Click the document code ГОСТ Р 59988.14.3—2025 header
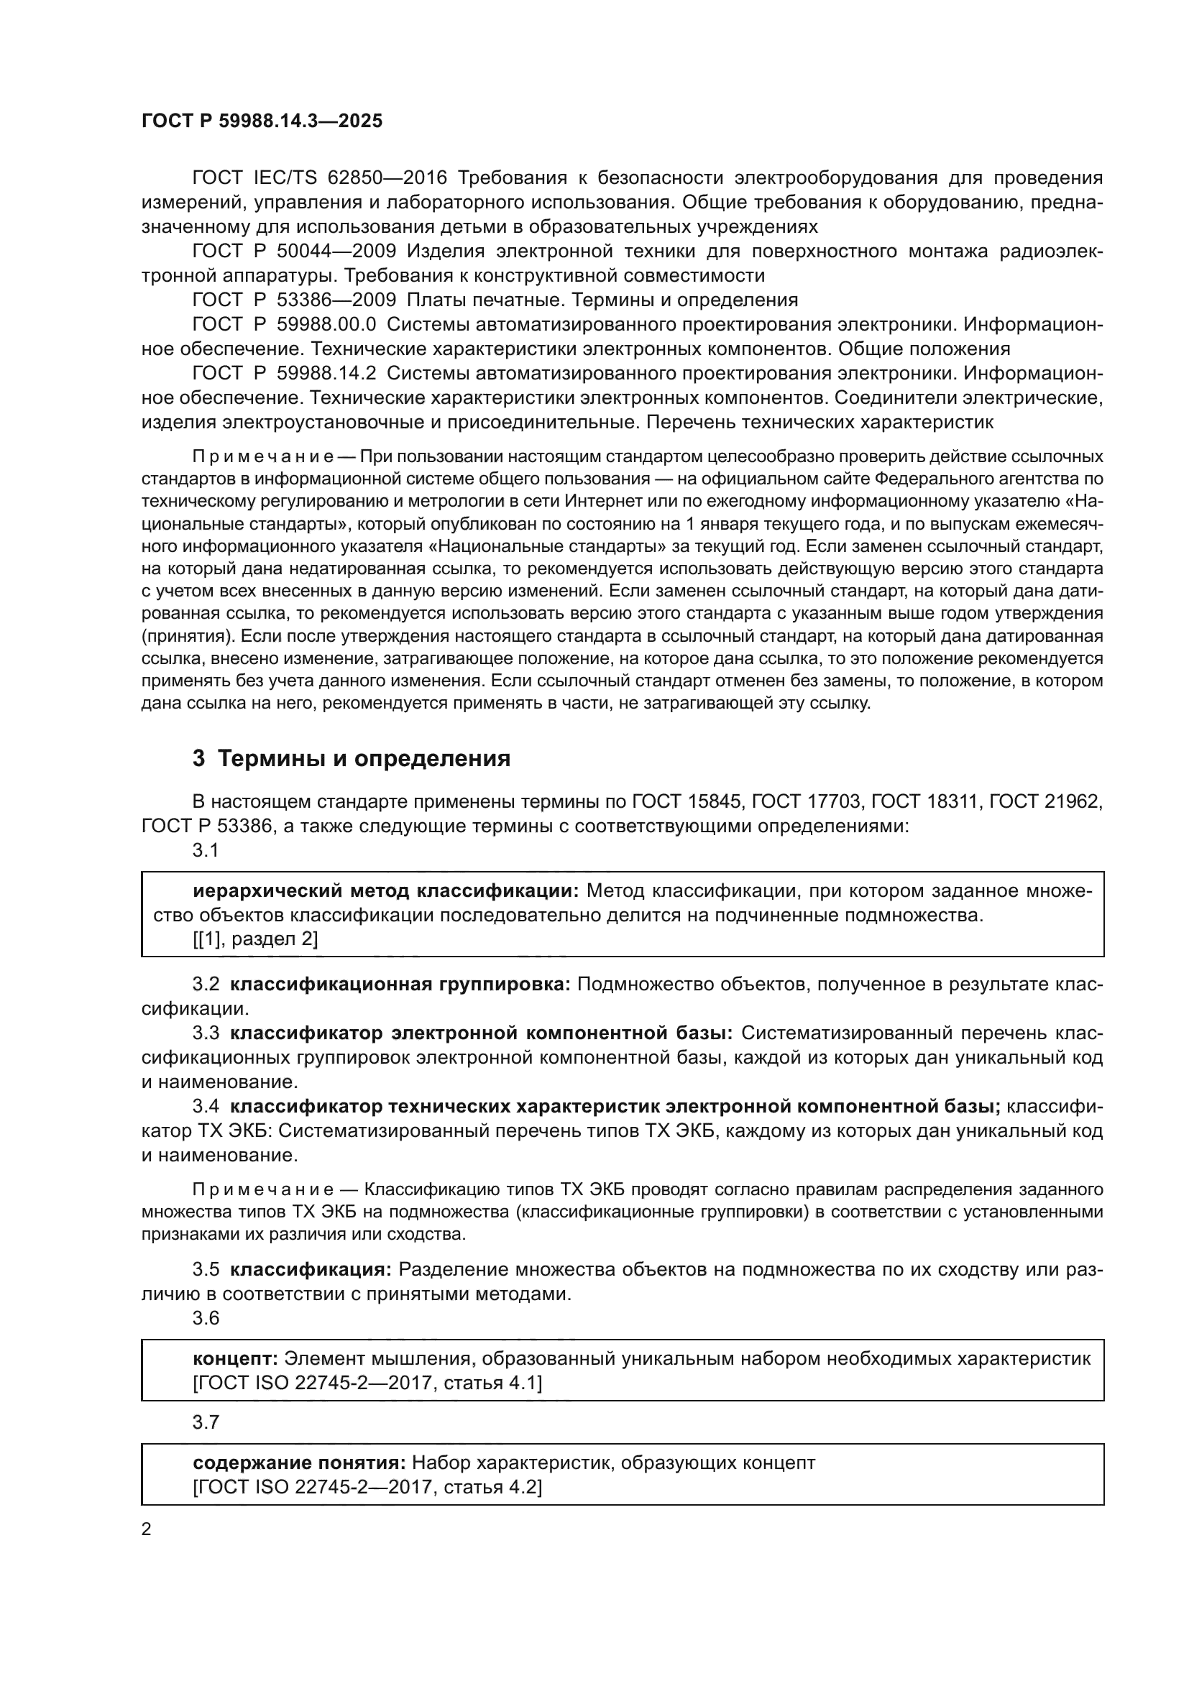[262, 121]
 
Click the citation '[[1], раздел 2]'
[254, 939]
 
